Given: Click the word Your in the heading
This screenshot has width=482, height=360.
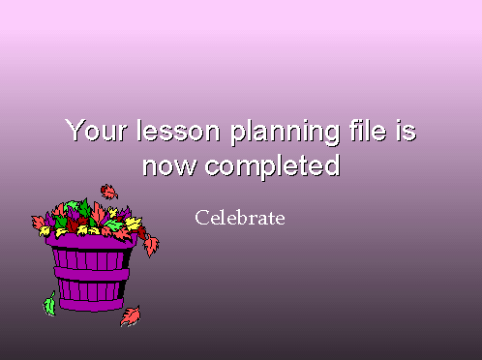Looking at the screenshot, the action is click(x=96, y=130).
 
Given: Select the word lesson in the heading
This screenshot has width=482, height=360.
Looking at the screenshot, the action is click(x=178, y=130).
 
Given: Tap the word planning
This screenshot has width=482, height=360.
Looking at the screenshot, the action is click(x=285, y=133).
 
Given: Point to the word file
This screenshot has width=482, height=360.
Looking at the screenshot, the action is click(x=368, y=130).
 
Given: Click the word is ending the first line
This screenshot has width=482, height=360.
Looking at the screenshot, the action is click(x=406, y=130).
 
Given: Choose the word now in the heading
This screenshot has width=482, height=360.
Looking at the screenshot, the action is click(x=169, y=165).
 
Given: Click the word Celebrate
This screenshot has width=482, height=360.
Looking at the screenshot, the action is click(x=240, y=218).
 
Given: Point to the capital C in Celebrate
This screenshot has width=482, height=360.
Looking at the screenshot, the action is click(x=201, y=218).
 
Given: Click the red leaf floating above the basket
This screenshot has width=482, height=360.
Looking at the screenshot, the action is click(x=109, y=192).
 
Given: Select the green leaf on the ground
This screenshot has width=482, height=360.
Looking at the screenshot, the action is click(x=49, y=304).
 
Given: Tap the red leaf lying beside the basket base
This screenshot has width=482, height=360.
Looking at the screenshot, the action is click(x=131, y=316).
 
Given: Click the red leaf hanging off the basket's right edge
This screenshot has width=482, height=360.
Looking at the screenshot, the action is click(x=151, y=246).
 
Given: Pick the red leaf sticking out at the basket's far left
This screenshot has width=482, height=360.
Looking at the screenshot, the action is click(x=38, y=223).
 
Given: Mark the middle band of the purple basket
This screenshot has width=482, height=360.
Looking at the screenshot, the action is click(x=92, y=274).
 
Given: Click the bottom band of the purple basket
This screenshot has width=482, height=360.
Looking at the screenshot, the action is click(x=92, y=305).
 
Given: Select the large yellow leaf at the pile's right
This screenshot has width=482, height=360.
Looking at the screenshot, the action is click(x=133, y=224).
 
